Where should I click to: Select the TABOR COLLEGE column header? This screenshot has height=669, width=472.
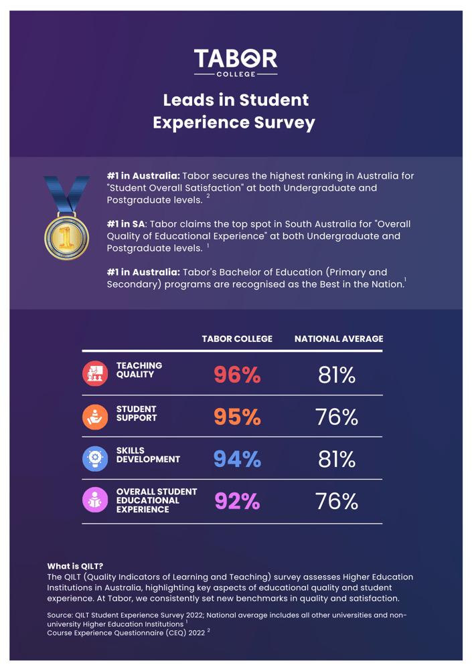pos(237,339)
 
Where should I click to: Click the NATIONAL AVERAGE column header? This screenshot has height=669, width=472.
pos(338,339)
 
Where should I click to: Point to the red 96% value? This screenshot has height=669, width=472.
pos(237,375)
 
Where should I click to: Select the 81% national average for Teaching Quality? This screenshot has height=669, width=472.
pos(337,375)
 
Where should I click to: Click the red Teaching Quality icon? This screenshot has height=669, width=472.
pos(94,374)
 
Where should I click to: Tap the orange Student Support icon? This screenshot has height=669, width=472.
pos(94,416)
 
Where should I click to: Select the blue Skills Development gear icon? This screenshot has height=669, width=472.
pos(94,458)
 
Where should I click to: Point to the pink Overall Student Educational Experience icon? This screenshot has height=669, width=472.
pos(94,500)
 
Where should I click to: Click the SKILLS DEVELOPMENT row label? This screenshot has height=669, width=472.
pos(148,455)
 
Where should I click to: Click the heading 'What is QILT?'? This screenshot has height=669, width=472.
pos(75,566)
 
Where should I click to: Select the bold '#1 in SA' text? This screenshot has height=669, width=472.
pos(126,223)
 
